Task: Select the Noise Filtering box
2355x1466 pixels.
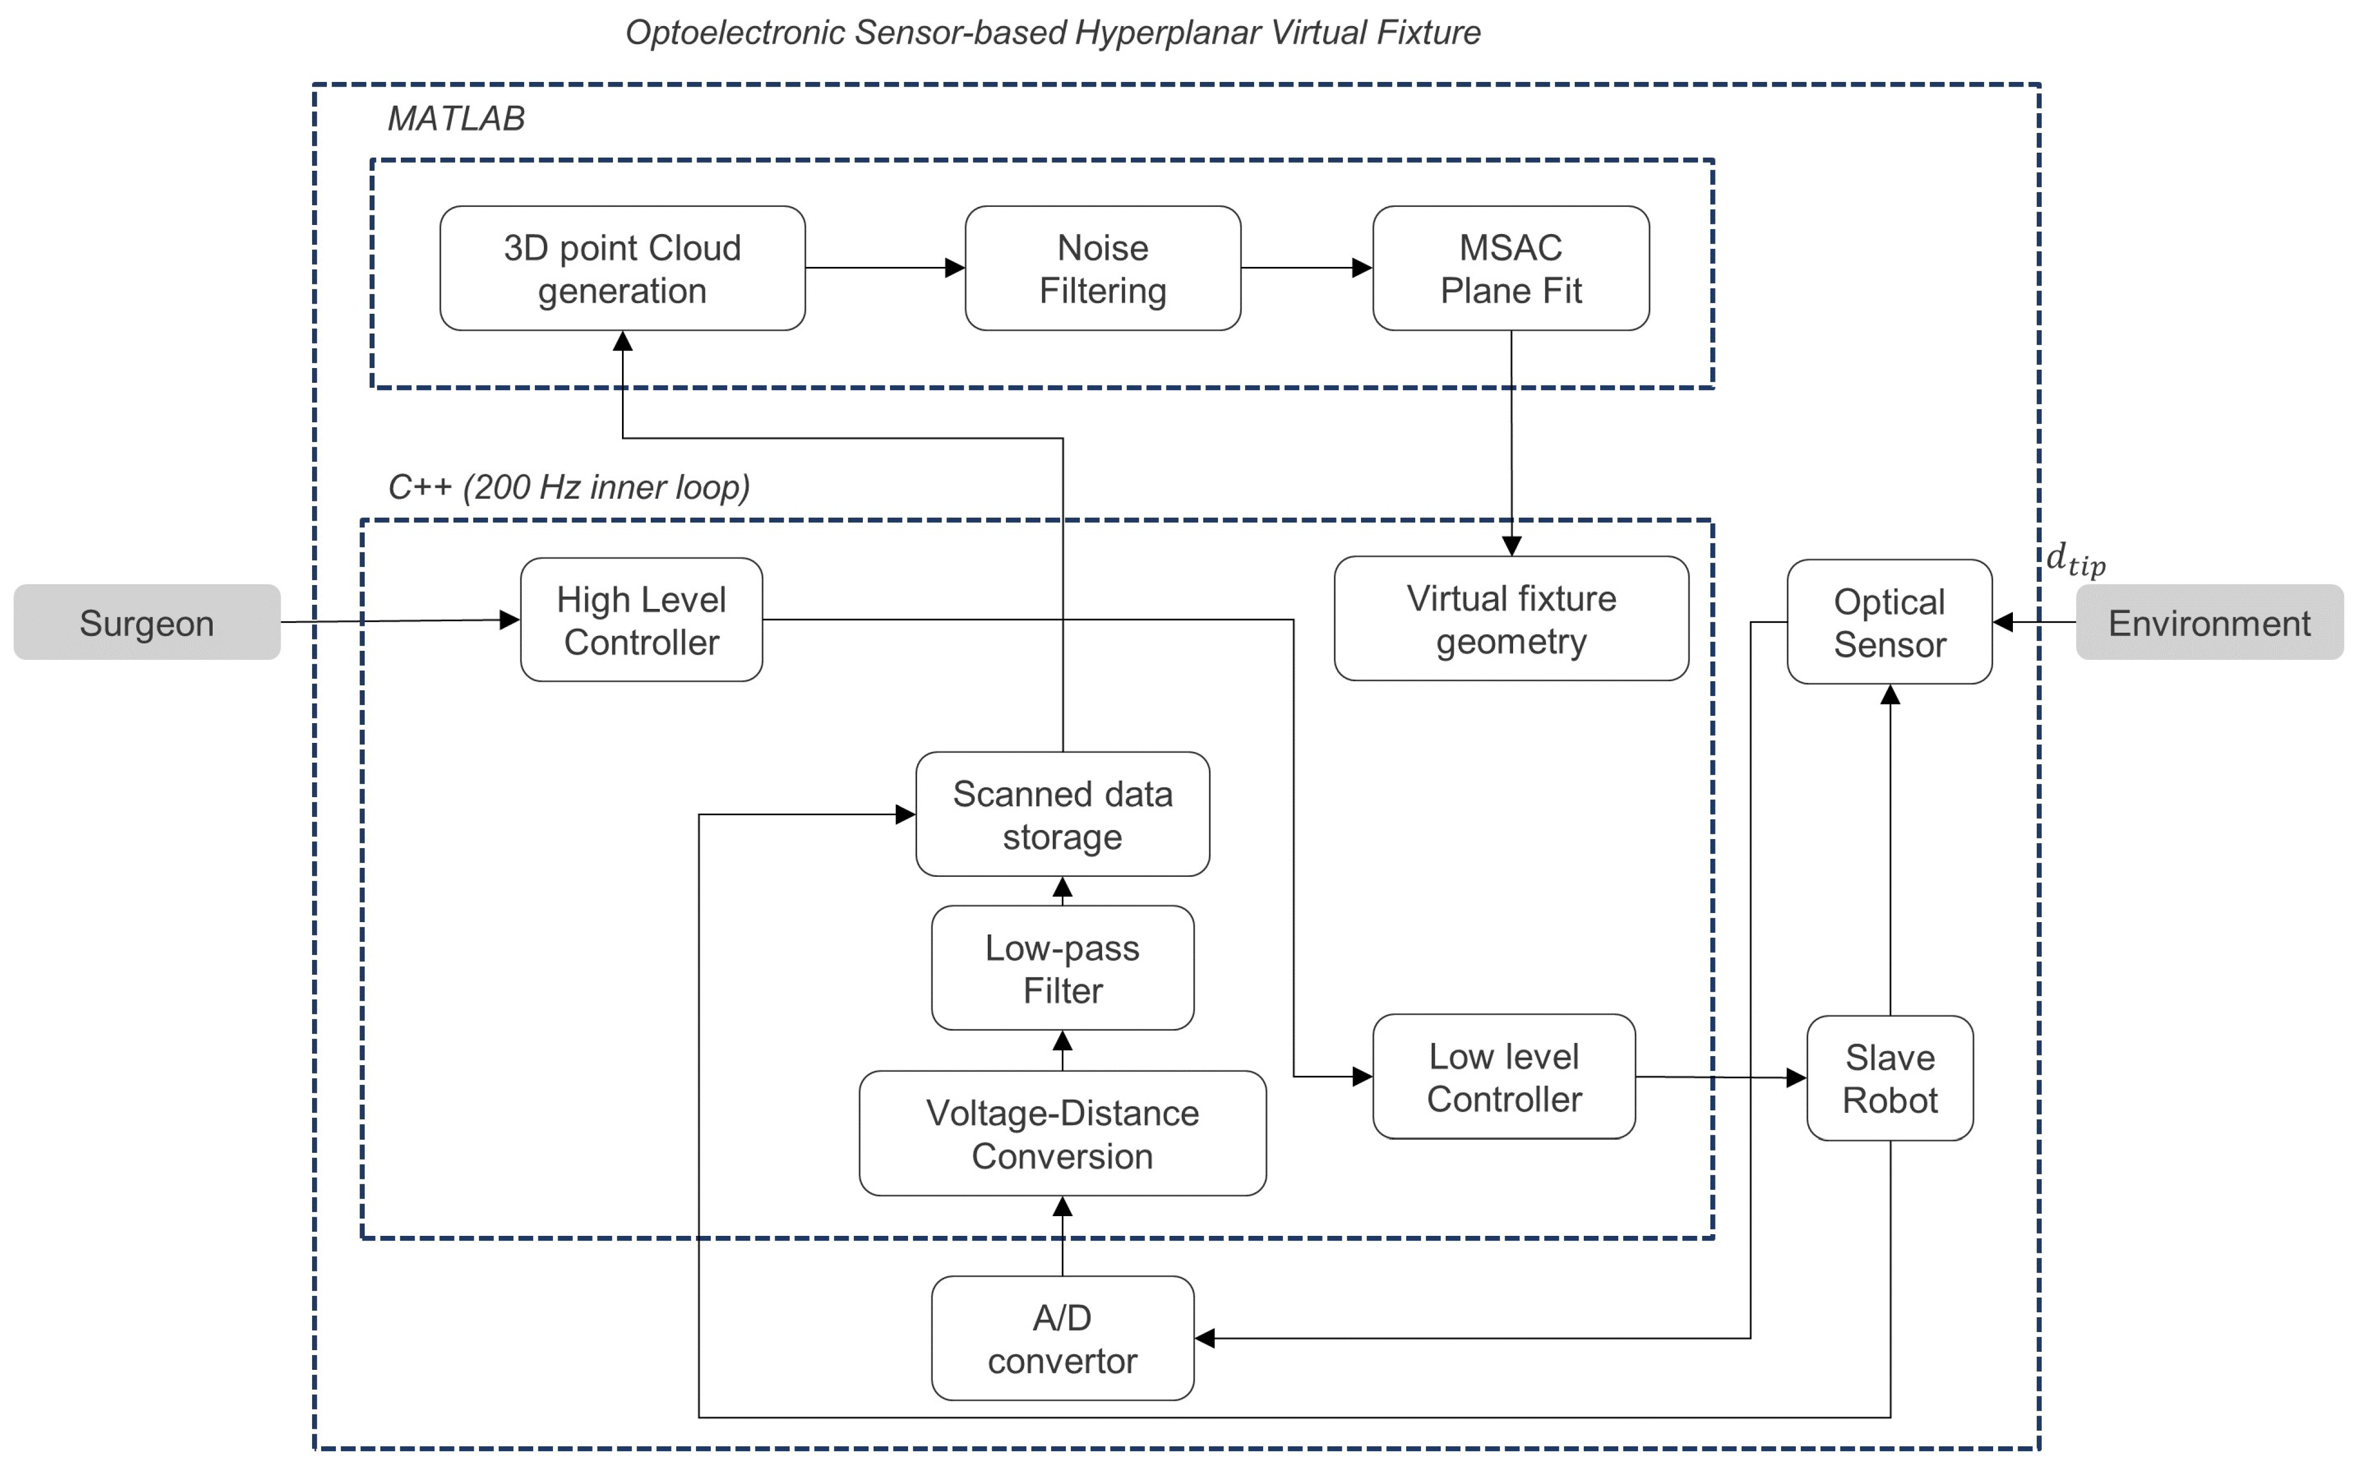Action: pyautogui.click(x=1103, y=269)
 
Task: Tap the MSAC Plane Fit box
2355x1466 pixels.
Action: pyautogui.click(x=1510, y=269)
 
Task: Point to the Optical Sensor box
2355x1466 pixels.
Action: pyautogui.click(x=1889, y=622)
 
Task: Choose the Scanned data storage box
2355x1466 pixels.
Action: pyautogui.click(x=1062, y=815)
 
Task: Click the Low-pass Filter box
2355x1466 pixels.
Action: pyautogui.click(x=1062, y=968)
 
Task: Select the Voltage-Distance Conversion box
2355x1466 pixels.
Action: pyautogui.click(x=1062, y=1134)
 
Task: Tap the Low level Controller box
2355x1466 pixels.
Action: pyautogui.click(x=1503, y=1077)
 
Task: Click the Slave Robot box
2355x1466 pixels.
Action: pyautogui.click(x=1889, y=1078)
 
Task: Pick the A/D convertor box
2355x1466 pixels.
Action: pyautogui.click(x=1062, y=1339)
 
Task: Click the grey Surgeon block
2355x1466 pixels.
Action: pyautogui.click(x=146, y=622)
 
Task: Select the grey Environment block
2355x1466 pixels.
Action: pyautogui.click(x=2209, y=622)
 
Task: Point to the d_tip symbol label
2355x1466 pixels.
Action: pyautogui.click(x=2075, y=560)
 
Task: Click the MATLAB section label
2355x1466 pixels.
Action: pyautogui.click(x=456, y=118)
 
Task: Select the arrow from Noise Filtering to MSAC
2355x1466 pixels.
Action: pyautogui.click(x=1306, y=267)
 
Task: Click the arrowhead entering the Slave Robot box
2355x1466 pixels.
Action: pyautogui.click(x=1796, y=1077)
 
